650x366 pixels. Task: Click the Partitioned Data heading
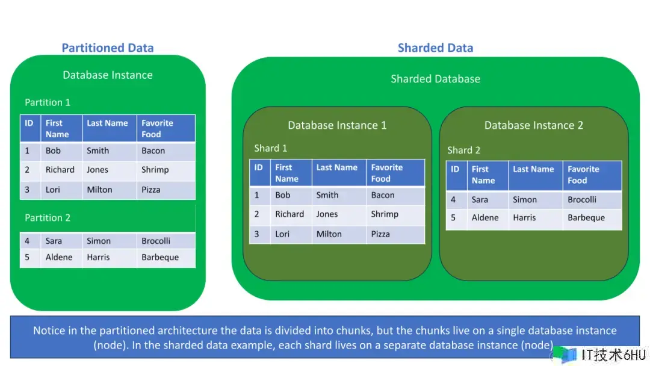point(108,48)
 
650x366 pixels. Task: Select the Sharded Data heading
point(435,48)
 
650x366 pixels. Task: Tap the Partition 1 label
point(48,102)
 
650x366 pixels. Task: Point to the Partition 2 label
point(48,217)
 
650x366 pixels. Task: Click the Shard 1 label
point(271,148)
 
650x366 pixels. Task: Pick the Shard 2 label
point(464,150)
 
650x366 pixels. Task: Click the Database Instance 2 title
point(533,125)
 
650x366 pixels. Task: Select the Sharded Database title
point(435,79)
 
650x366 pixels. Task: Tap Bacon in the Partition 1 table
point(153,150)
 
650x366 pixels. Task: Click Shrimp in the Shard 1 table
point(385,214)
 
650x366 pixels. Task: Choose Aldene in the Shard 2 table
point(485,217)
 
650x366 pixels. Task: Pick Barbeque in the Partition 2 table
point(160,258)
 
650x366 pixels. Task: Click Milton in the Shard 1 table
point(329,234)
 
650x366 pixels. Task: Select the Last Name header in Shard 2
point(533,169)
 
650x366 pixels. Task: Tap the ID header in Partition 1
point(29,123)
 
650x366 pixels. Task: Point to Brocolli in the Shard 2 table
point(582,199)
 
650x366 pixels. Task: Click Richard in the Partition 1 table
point(60,170)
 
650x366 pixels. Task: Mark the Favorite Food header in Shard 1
point(387,173)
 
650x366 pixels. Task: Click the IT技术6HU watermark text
point(613,355)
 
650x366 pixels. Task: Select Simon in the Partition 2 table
point(99,241)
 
